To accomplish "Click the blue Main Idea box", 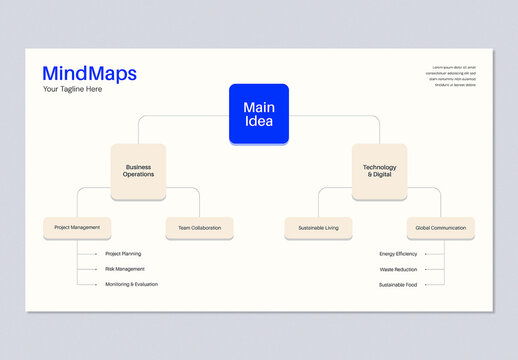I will coord(258,113).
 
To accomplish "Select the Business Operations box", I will coord(138,170).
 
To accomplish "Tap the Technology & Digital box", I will coord(379,170).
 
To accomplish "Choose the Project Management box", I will coord(77,228).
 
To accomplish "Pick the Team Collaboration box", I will coord(199,228).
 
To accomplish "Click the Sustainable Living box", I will coord(318,228).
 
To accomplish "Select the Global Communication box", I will coord(440,228).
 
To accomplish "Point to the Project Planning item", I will coord(123,254).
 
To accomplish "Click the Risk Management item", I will coord(125,269).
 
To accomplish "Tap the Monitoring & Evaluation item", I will coord(131,284).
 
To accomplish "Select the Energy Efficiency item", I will coord(398,254).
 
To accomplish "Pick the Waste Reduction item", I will coord(398,269).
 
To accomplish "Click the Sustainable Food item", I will coord(398,284).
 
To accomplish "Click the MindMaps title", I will coord(89,73).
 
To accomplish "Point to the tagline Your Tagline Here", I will coord(72,89).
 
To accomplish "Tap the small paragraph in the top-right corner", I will coord(450,76).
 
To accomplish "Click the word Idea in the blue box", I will coord(258,121).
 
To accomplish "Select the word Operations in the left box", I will coord(138,174).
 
